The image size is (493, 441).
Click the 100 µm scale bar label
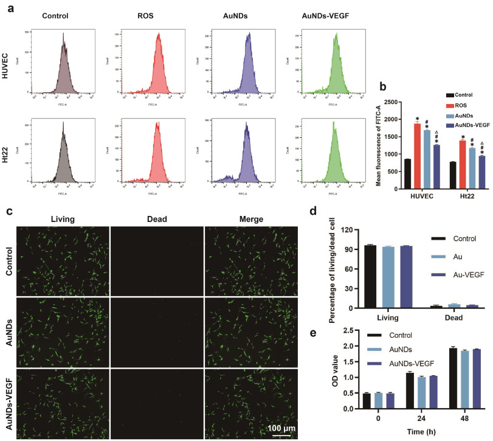[281, 428]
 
